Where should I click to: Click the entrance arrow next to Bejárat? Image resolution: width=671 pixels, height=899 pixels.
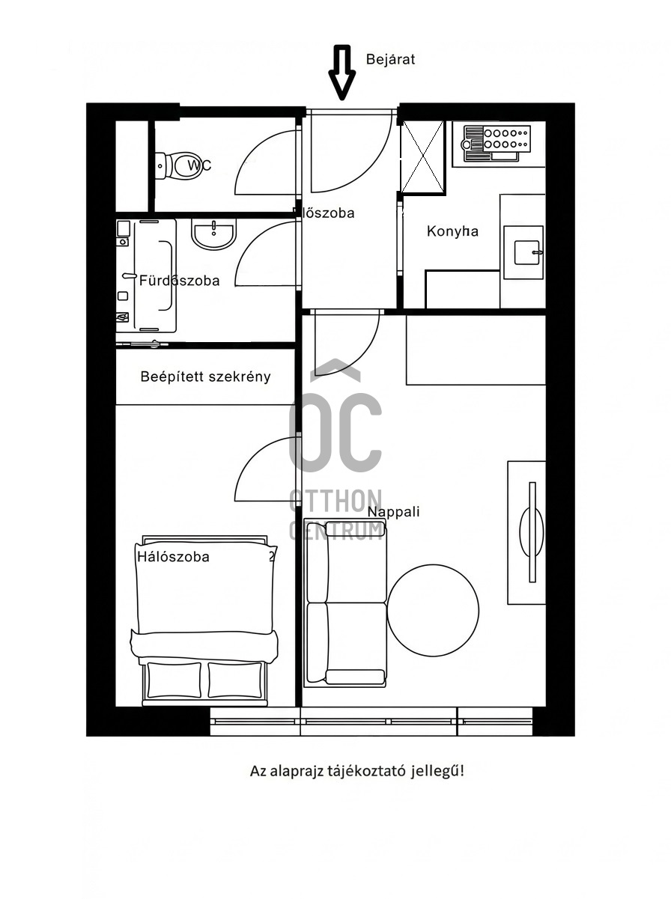pos(341,72)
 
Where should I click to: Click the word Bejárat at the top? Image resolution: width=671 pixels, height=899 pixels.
pos(390,59)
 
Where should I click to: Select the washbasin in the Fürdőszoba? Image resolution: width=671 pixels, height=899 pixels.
pos(213,234)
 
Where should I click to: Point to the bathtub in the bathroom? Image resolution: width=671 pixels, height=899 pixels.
pos(155,275)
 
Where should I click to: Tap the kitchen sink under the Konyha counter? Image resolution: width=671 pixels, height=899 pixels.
pos(523,252)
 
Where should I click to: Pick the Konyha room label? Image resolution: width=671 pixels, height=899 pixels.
pos(452,231)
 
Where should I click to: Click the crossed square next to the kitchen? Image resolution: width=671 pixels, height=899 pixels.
pos(422,157)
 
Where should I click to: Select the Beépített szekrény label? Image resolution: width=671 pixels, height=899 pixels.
pos(205,377)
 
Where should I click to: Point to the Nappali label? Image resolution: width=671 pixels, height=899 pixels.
pos(393,512)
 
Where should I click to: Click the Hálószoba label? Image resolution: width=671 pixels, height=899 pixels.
pos(173,557)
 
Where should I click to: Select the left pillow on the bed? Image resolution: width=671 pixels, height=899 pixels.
pos(174,680)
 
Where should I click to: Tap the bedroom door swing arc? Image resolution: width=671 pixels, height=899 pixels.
pos(258,472)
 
